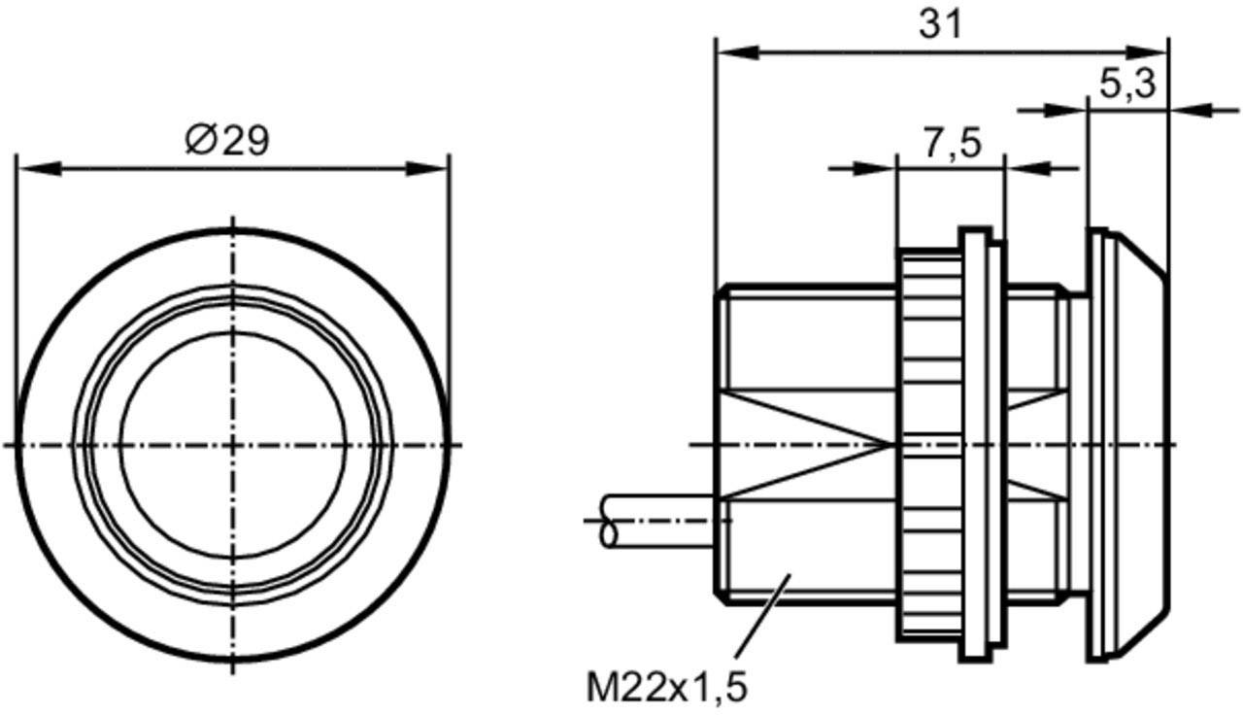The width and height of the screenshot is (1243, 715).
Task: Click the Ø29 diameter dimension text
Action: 226,141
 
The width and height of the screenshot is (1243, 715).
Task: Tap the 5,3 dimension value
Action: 1126,85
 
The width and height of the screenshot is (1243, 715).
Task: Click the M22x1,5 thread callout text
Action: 667,688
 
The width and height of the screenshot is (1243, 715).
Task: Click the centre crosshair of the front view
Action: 233,445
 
